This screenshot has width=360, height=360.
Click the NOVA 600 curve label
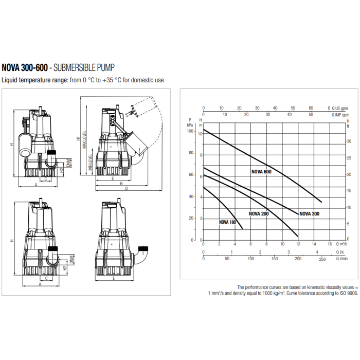tap(261, 172)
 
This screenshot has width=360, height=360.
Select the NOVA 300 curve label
tap(309, 214)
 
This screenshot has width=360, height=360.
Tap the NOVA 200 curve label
tap(259, 214)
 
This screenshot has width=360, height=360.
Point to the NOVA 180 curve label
tap(227, 222)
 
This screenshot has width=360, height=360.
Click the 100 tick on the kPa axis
tap(190, 131)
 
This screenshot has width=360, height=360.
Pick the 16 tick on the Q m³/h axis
tap(330, 244)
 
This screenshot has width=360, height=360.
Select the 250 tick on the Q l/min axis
tap(322, 259)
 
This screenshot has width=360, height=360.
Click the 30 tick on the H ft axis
tap(349, 141)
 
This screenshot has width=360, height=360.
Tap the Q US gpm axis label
tap(340, 108)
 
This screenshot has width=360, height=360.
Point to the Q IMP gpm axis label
tap(340, 115)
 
